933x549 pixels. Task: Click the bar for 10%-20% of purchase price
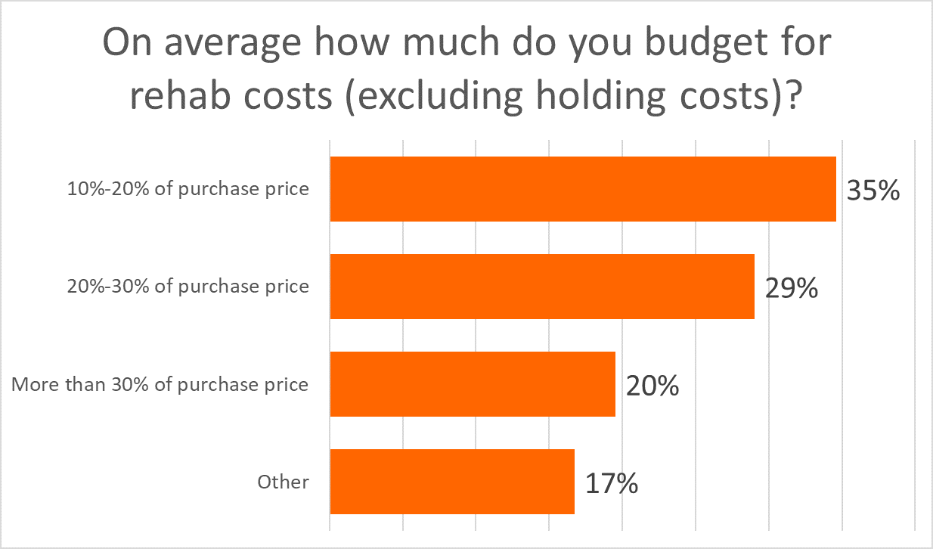[582, 189]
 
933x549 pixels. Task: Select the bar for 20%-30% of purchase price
[541, 287]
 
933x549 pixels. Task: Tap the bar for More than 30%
[473, 384]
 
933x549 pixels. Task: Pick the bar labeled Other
[452, 482]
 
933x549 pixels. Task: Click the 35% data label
[873, 191]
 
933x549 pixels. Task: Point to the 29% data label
[791, 288]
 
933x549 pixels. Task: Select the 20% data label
[652, 386]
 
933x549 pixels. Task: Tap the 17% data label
[611, 483]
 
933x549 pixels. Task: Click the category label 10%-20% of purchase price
[188, 189]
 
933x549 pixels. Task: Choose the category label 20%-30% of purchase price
[188, 287]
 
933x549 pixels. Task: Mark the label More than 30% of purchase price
[160, 384]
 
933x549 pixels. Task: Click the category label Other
[283, 482]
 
